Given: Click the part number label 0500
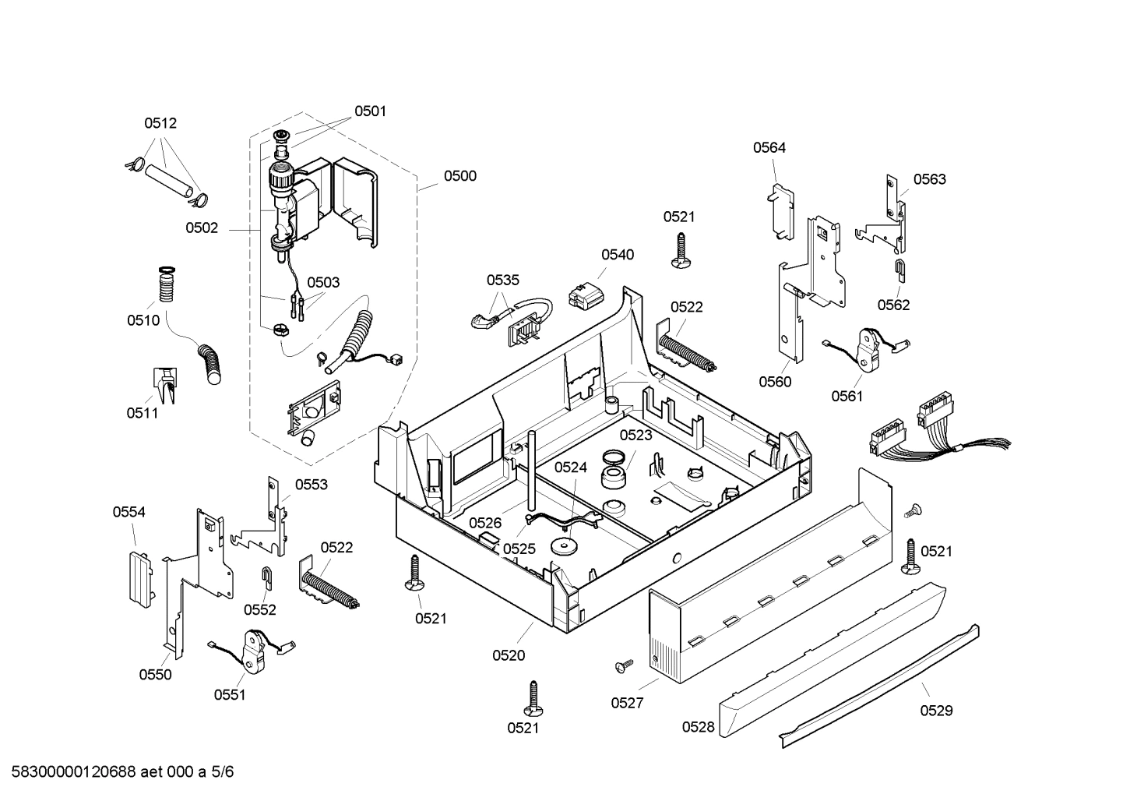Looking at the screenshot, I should [459, 176].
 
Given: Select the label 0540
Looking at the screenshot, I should [617, 255].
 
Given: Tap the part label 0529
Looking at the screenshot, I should [935, 711].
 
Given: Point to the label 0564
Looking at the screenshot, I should [769, 148].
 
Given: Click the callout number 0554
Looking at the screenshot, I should [128, 512].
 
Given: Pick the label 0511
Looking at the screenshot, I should [143, 413].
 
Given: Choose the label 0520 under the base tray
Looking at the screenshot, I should [509, 656].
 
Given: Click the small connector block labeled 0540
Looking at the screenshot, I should [584, 296].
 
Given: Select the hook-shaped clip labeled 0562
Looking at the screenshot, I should [900, 271].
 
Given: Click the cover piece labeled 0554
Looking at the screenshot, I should [139, 577].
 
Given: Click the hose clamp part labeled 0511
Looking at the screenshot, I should [164, 383].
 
